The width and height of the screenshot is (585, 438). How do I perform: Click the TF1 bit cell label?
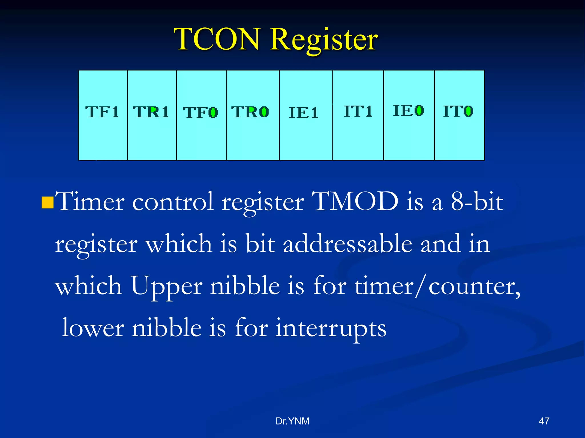click(102, 112)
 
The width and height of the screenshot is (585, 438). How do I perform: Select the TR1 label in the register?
click(151, 112)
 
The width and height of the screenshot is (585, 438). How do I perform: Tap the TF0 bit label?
click(201, 112)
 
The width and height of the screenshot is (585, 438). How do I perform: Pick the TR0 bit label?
click(250, 112)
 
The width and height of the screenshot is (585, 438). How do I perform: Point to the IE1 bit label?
click(303, 113)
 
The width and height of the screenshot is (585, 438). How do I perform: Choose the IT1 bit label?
click(358, 111)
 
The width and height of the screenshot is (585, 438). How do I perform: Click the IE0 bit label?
click(408, 111)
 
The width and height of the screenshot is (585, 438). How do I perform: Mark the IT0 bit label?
click(458, 111)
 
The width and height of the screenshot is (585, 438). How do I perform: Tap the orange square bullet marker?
click(47, 202)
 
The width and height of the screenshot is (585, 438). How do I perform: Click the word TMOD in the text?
click(355, 201)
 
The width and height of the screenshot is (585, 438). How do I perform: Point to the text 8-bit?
click(477, 201)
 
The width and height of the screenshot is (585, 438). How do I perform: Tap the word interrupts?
click(330, 328)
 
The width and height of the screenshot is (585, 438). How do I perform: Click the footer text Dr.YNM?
click(292, 421)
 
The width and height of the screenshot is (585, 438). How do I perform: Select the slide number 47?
click(544, 421)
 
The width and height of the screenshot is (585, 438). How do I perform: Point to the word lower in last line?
click(93, 328)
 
